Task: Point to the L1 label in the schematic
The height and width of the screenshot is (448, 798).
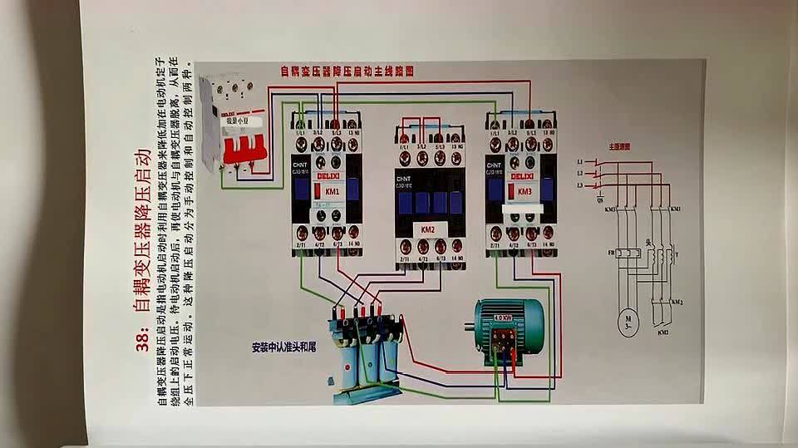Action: click(580, 161)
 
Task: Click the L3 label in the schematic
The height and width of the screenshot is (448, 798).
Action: click(580, 185)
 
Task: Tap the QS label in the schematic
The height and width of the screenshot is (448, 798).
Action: click(601, 199)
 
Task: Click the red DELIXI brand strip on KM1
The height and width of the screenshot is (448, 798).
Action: click(324, 175)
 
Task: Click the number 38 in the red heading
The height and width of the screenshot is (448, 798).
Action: click(142, 340)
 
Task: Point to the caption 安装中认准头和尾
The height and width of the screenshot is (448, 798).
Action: click(285, 347)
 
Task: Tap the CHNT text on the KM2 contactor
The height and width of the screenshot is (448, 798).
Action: click(405, 178)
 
